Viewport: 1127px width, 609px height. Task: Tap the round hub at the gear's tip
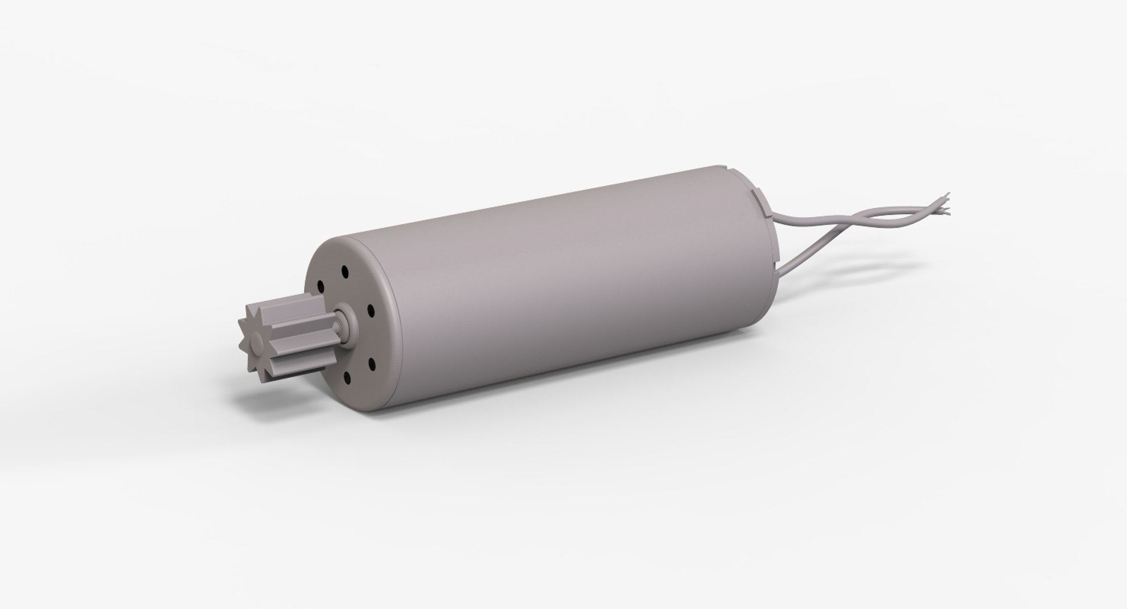257,341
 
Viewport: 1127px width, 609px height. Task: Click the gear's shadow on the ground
276,400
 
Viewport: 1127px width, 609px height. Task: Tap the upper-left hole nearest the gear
320,286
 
